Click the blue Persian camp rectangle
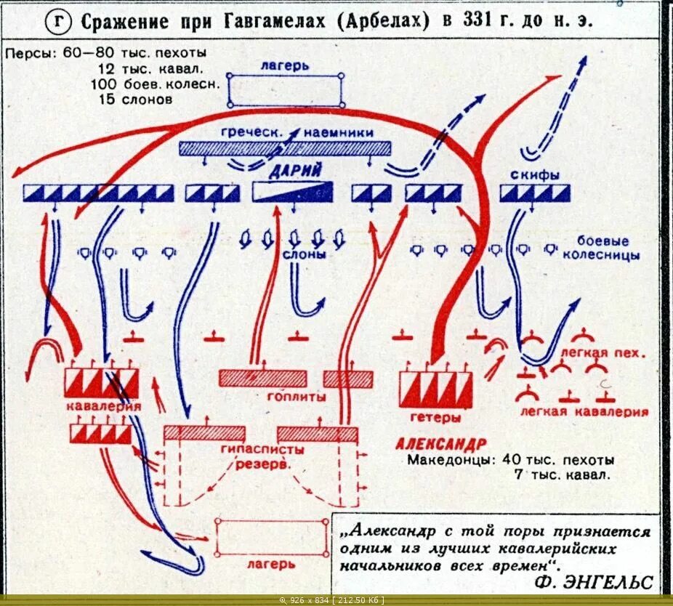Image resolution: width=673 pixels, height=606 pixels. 286,90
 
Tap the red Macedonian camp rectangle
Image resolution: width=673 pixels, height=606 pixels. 271,538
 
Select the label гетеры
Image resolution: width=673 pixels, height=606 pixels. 436,418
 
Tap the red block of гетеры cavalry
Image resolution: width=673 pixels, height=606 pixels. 436,389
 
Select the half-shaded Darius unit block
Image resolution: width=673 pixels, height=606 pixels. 292,192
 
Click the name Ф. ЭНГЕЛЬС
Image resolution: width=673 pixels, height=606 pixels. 593,582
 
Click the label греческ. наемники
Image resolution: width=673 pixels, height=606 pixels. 297,132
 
